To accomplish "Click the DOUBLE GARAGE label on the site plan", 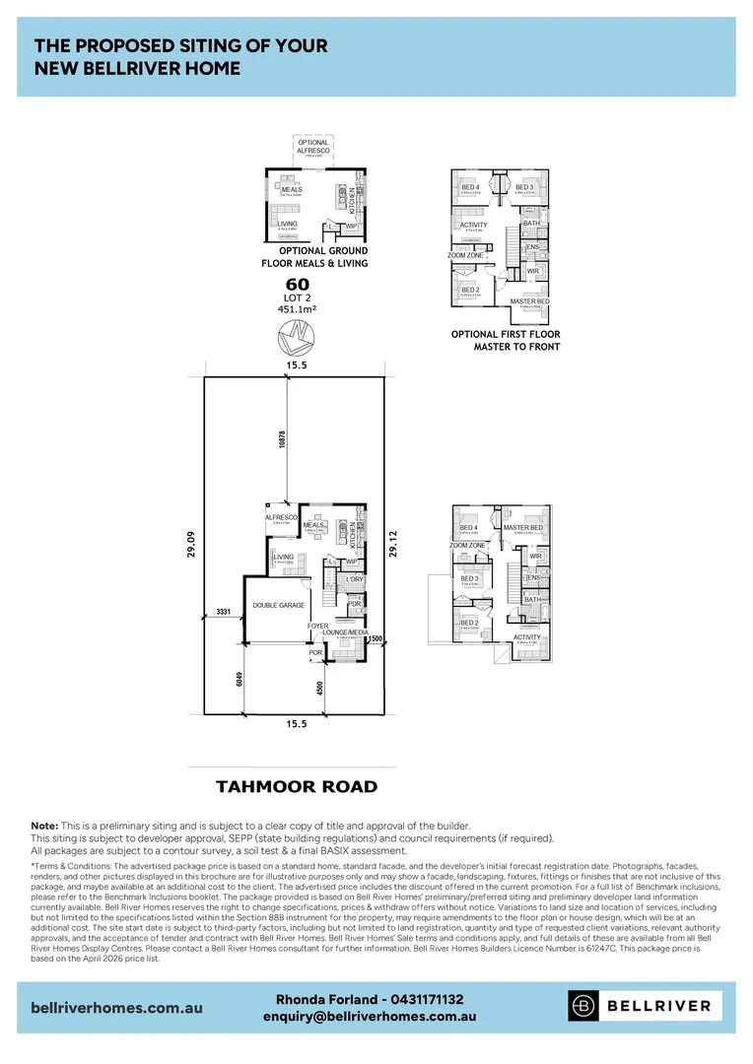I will click(x=278, y=606).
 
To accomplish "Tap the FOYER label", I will click(x=317, y=626).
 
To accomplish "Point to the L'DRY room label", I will click(x=356, y=579).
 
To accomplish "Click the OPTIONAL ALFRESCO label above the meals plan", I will click(x=313, y=147).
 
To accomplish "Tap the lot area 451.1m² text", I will click(x=297, y=308).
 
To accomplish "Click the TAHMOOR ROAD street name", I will click(x=297, y=786).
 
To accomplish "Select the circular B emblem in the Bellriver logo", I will click(x=584, y=1006).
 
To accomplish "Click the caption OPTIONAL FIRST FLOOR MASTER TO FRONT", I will click(x=505, y=341).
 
